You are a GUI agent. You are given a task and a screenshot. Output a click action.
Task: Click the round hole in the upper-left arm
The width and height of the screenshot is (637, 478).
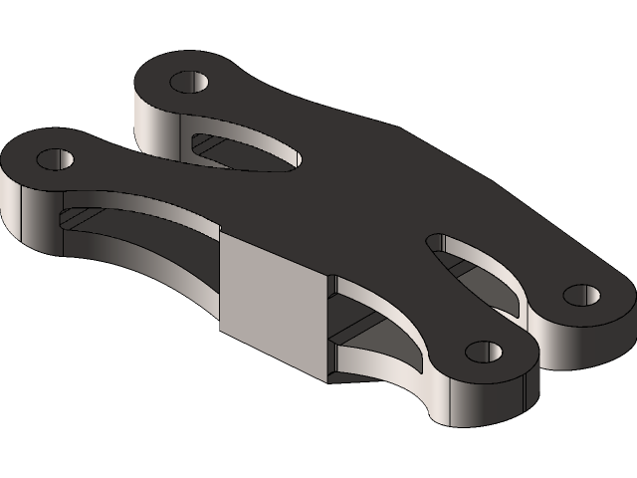point(188,81)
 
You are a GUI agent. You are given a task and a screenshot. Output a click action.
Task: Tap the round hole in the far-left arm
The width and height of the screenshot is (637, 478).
point(57,158)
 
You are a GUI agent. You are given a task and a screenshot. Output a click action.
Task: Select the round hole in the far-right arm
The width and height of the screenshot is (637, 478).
point(581,295)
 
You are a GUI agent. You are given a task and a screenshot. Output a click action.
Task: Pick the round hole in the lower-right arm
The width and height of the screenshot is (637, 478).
point(483,352)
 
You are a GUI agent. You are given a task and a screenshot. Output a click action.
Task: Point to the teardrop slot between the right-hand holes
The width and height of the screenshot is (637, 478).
point(478,269)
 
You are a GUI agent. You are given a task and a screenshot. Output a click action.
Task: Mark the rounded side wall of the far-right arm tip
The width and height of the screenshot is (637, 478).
point(587,334)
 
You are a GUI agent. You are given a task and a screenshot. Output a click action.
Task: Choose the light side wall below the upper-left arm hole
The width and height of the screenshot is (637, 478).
point(159,124)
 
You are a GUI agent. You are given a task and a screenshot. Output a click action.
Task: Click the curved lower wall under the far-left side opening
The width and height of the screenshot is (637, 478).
point(149,261)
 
